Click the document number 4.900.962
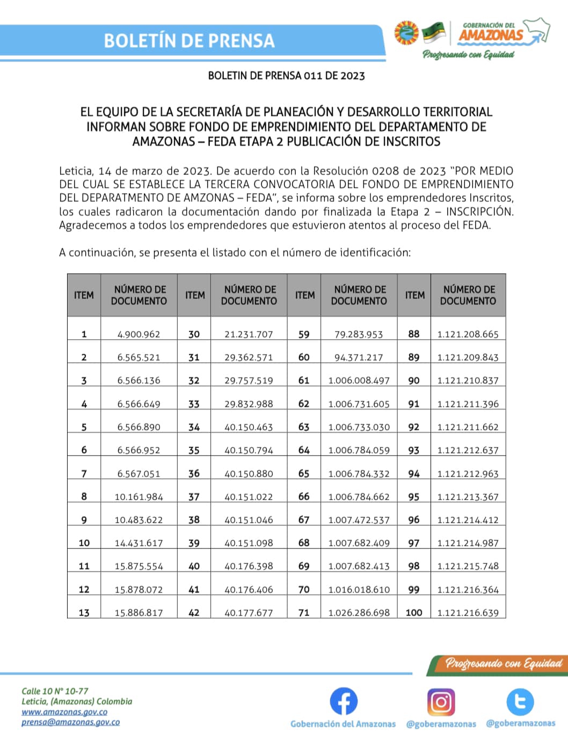(139, 334)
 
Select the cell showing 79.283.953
(359, 334)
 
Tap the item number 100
(414, 612)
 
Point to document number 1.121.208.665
(468, 334)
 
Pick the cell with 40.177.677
(249, 612)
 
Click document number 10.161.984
(139, 497)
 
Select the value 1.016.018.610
(359, 589)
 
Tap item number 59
(304, 334)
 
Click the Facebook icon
(344, 701)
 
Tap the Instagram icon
(441, 701)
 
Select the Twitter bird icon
(520, 701)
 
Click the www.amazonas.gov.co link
(64, 712)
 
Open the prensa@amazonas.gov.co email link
(70, 722)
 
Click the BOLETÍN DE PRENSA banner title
(189, 41)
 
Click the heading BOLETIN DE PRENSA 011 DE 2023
(286, 76)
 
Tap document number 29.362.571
(249, 357)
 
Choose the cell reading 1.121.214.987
(468, 543)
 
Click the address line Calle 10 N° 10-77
(55, 691)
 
